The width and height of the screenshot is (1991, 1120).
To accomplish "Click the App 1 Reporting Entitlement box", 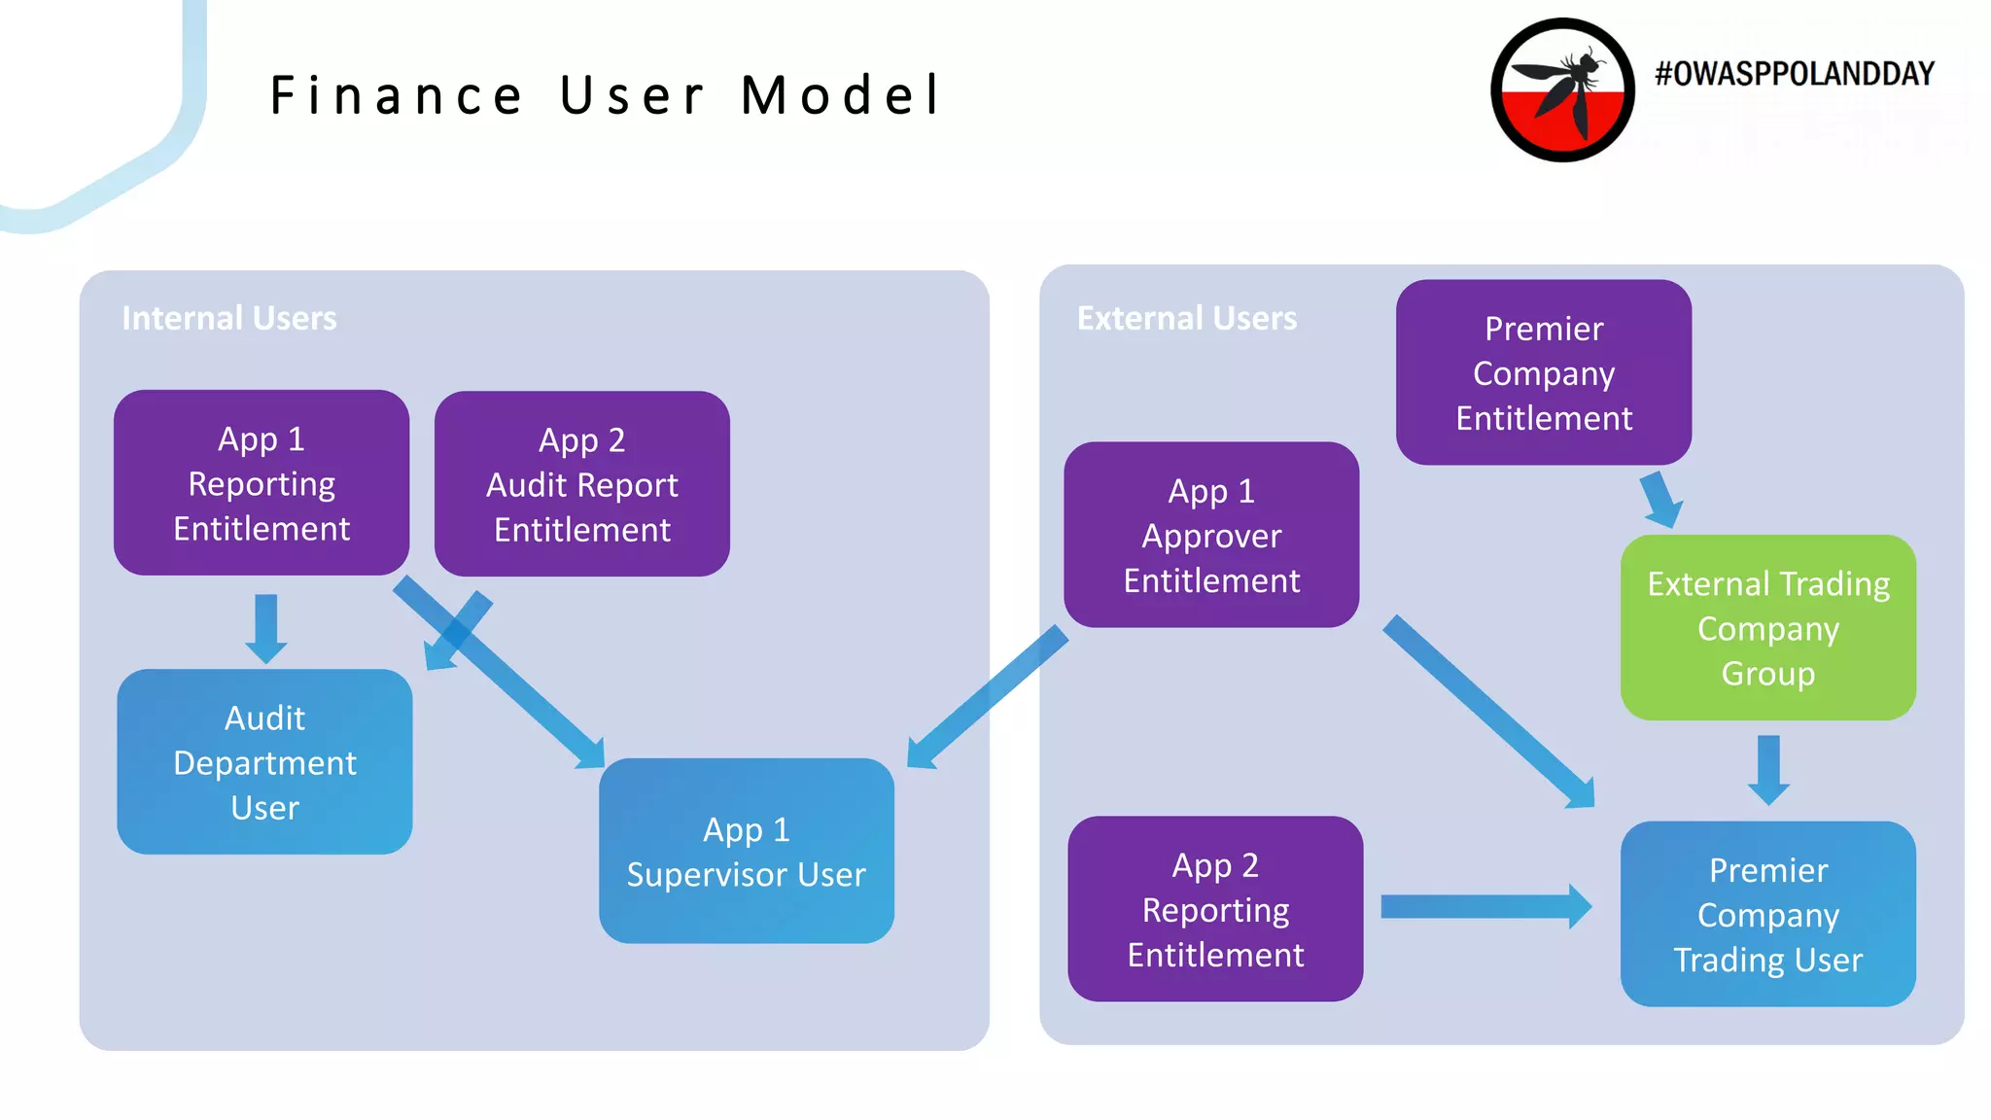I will (x=261, y=483).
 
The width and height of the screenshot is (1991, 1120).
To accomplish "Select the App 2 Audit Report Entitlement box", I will (x=581, y=484).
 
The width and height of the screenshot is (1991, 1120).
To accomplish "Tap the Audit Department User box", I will (x=264, y=762).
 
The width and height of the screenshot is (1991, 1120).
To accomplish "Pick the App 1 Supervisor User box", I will (x=746, y=851).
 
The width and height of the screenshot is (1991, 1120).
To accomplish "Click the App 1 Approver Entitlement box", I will (x=1211, y=535).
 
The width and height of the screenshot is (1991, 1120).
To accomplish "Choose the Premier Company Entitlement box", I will (x=1543, y=372).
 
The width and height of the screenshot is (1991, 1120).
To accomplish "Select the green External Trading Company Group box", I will (x=1767, y=628).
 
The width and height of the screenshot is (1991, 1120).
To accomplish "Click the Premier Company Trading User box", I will (x=1767, y=914).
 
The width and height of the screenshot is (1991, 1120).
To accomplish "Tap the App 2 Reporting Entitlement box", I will (x=1215, y=909).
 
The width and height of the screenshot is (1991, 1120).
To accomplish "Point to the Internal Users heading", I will (x=229, y=319).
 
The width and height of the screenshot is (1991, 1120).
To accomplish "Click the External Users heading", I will (x=1186, y=319).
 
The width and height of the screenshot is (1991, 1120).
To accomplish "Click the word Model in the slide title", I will (x=841, y=95).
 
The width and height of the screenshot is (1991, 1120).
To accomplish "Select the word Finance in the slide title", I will (x=397, y=95).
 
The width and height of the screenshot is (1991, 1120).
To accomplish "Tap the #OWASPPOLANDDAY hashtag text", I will (x=1794, y=74).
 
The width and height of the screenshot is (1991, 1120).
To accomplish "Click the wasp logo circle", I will (x=1562, y=89).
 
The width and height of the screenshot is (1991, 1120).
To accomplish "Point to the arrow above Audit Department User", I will (x=265, y=627).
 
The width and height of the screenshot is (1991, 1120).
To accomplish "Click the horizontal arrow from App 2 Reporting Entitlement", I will (x=1483, y=907).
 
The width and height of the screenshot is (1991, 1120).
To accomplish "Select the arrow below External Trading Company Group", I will (x=1768, y=768).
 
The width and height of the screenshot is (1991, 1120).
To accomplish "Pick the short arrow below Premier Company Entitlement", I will (x=1659, y=499).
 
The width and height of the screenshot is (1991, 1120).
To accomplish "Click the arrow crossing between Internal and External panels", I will (x=987, y=697).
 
